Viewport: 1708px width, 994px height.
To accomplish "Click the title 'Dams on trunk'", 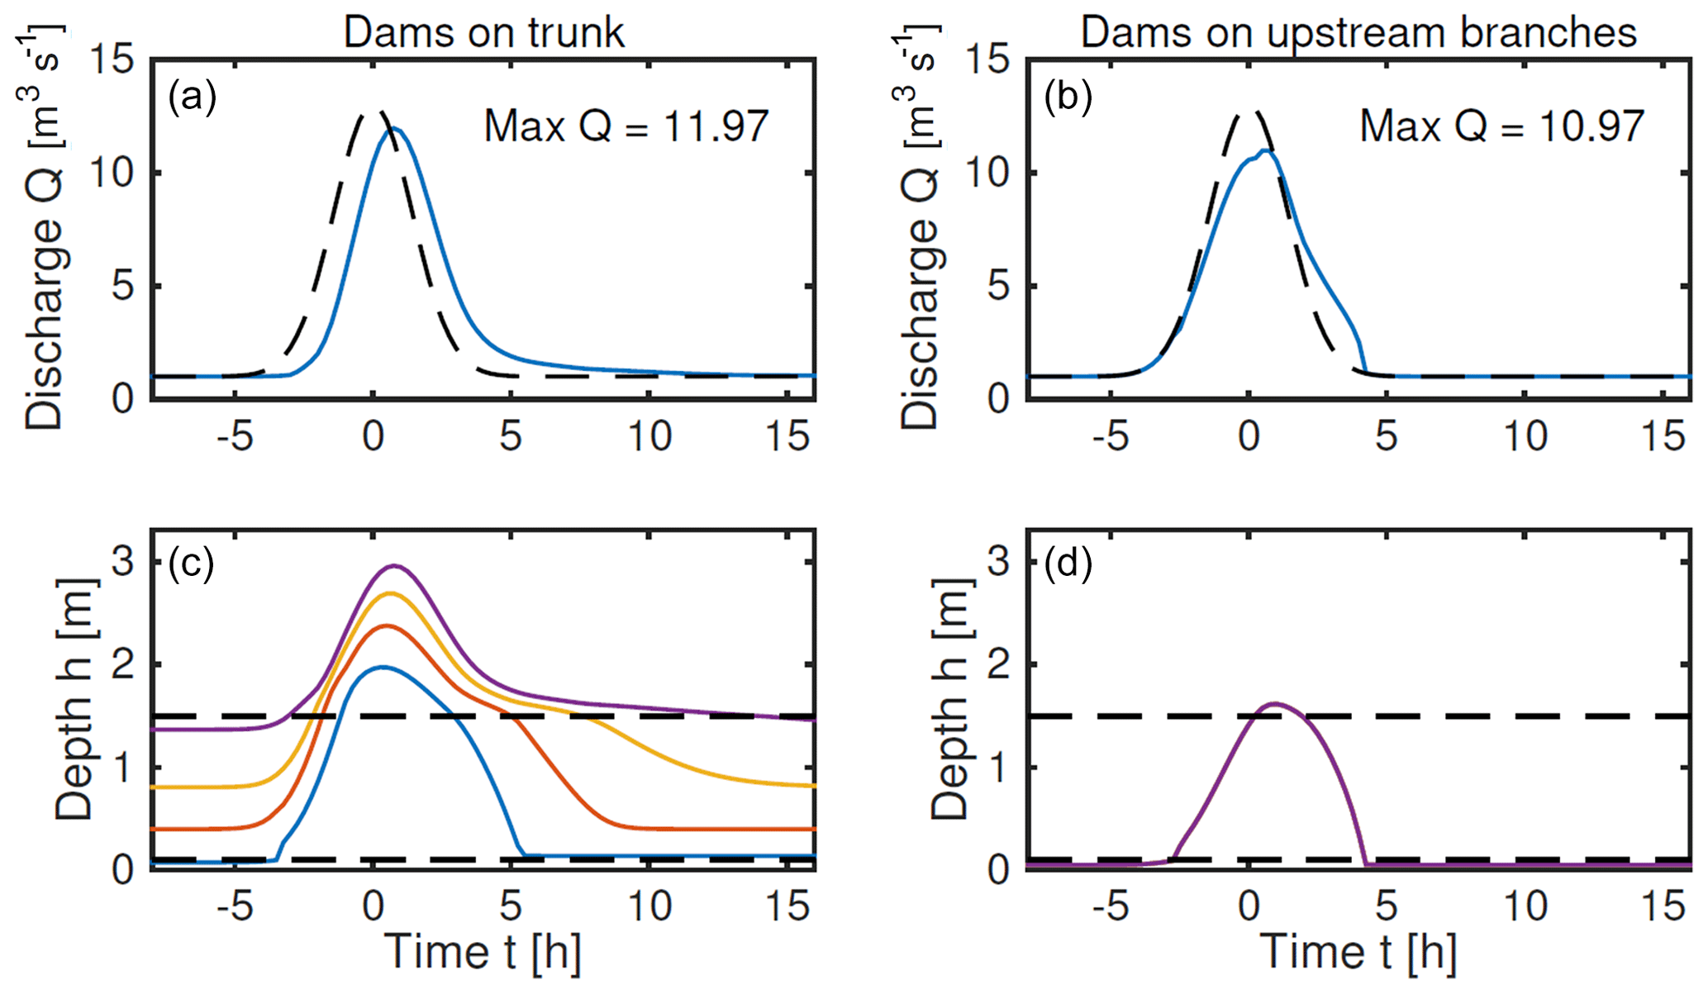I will (483, 33).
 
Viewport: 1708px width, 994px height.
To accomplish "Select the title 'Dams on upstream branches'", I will (1358, 33).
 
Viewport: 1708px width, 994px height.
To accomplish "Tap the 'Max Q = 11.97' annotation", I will (626, 126).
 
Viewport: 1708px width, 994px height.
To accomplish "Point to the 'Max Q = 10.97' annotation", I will (1502, 126).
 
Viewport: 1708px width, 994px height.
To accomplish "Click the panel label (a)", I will (192, 97).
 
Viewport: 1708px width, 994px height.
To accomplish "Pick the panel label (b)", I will (1068, 97).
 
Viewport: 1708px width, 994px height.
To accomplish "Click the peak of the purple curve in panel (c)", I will (394, 566).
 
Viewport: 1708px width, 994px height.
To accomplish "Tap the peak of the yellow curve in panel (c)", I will (390, 593).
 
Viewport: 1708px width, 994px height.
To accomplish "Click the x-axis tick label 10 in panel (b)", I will (1525, 436).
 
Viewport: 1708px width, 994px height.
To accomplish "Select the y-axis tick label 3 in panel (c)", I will (123, 563).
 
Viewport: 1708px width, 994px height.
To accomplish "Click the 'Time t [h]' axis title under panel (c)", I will (483, 953).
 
